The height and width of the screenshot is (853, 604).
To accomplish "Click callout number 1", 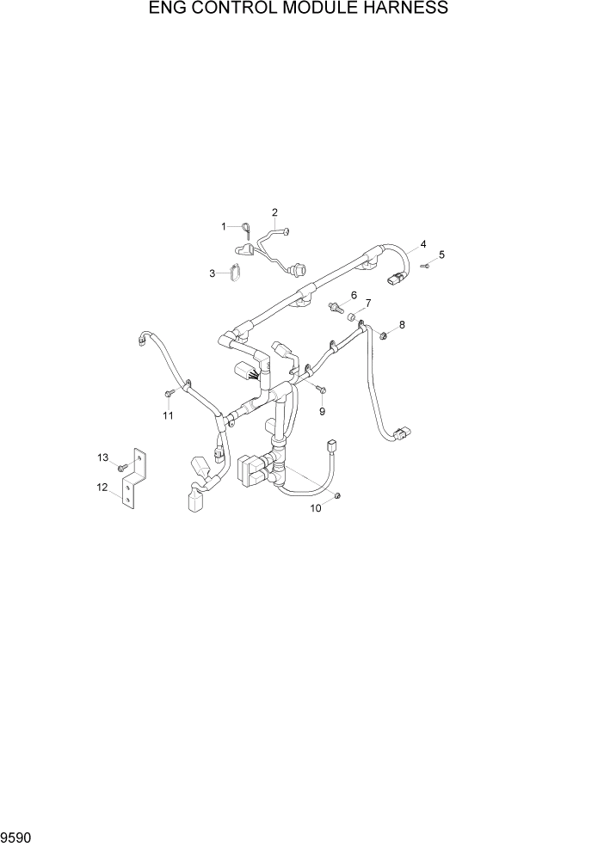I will click(x=224, y=226).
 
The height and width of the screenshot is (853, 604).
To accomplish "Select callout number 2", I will click(x=275, y=212).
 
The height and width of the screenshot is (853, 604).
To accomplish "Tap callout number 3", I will click(x=212, y=273).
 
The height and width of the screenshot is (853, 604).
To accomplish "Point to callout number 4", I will click(x=423, y=244).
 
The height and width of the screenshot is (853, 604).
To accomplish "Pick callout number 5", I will click(x=442, y=255).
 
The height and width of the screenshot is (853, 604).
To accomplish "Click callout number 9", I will click(x=353, y=295).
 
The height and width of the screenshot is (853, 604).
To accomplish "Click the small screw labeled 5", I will click(x=425, y=267).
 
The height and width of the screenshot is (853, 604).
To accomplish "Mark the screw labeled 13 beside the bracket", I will click(x=123, y=466).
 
